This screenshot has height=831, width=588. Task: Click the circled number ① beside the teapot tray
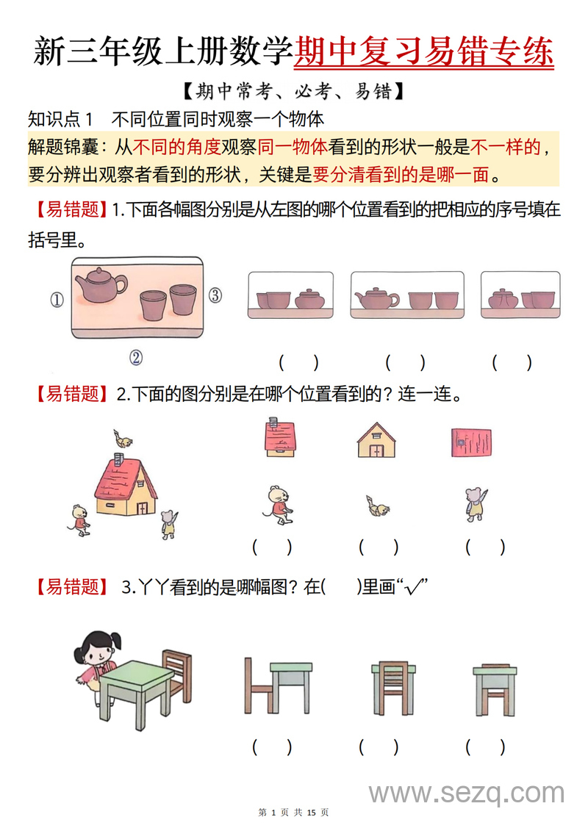(57, 299)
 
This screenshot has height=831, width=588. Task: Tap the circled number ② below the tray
(135, 357)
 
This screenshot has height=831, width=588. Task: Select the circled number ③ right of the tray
(215, 295)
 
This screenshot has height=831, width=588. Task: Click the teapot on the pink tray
(101, 285)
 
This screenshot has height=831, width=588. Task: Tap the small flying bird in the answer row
(378, 507)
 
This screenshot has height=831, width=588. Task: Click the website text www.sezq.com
(467, 793)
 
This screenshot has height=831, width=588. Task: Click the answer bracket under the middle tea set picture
(404, 361)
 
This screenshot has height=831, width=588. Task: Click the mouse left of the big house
(79, 519)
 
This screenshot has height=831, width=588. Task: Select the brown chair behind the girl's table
(177, 672)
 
